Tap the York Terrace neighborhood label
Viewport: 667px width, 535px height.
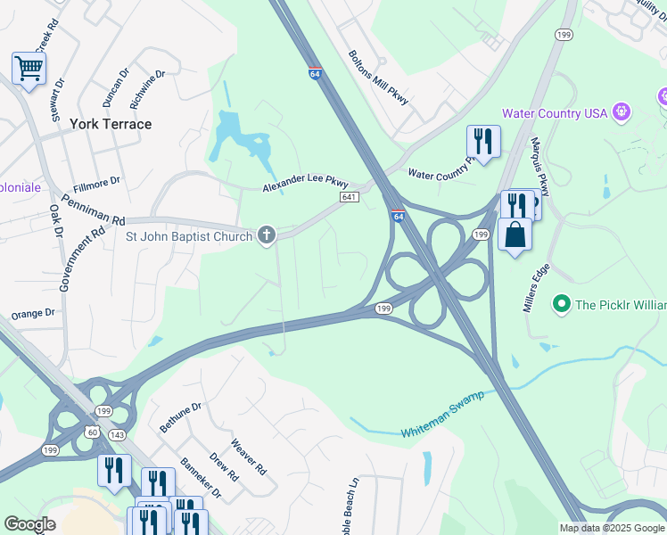[111, 124]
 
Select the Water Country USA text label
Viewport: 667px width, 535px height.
[554, 113]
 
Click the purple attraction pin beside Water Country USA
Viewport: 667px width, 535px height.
[622, 112]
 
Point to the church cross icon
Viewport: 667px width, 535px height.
[265, 235]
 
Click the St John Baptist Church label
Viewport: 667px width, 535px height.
[188, 236]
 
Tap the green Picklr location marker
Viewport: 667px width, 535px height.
[562, 305]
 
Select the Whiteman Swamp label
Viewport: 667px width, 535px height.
[442, 413]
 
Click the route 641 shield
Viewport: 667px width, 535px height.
[349, 197]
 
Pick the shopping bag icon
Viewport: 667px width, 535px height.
[515, 235]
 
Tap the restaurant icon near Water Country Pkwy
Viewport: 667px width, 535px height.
[483, 141]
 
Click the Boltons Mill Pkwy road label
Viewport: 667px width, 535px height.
[378, 78]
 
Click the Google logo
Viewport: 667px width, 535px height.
[29, 524]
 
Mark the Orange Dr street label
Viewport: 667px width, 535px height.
[33, 315]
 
